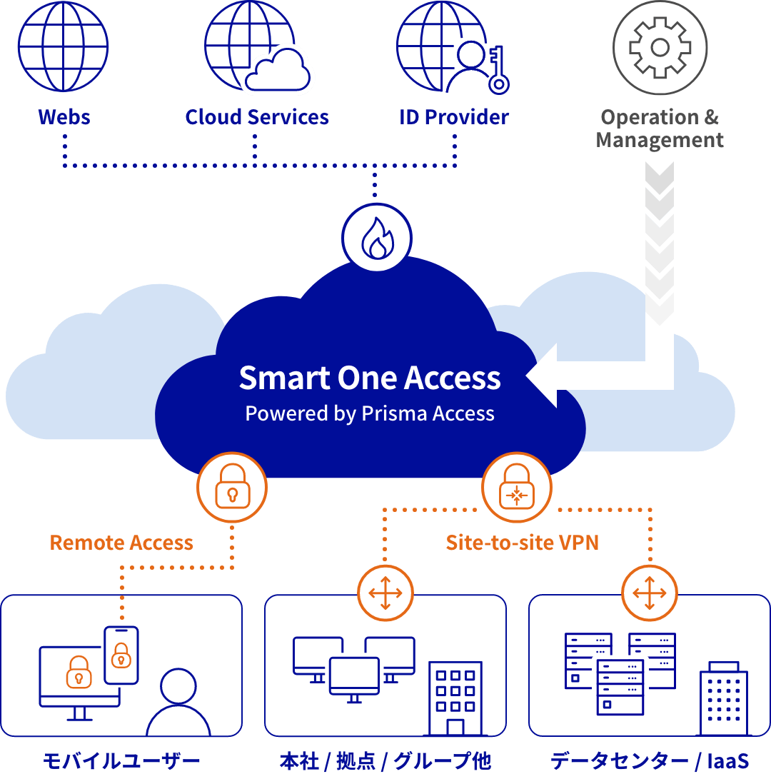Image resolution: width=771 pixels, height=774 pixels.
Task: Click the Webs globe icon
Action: (64, 47)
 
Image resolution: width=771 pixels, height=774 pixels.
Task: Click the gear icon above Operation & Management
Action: (660, 48)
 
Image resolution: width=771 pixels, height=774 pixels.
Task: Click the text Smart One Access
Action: (370, 378)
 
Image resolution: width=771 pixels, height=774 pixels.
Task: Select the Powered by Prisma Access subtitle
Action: (370, 413)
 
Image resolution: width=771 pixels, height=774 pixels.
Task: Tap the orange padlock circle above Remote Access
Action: (232, 488)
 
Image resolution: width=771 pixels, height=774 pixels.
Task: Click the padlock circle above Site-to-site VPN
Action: (517, 488)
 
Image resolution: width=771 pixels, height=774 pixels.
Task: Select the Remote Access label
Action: (121, 543)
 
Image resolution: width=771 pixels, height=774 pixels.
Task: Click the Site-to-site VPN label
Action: (522, 543)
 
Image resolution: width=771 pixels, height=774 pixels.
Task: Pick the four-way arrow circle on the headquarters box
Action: (385, 593)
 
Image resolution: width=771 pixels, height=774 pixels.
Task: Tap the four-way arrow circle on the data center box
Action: (650, 593)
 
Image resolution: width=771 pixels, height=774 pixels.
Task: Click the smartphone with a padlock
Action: (121, 655)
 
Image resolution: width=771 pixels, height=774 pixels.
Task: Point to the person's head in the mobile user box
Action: (178, 687)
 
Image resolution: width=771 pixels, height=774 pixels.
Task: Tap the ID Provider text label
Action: (454, 117)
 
